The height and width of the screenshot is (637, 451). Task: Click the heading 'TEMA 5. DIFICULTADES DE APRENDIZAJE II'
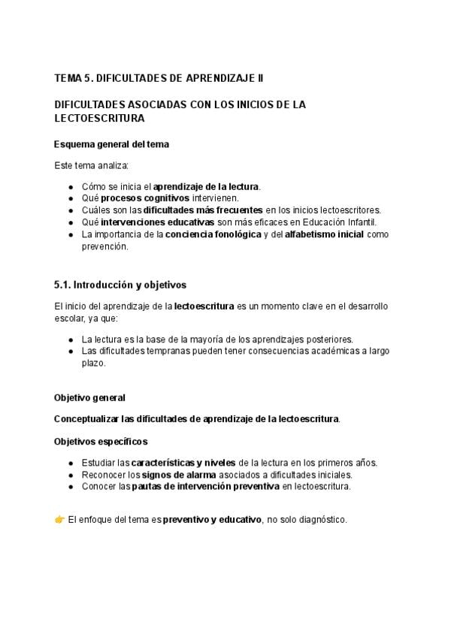(159, 78)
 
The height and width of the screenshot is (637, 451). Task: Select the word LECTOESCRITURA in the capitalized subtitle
(99, 119)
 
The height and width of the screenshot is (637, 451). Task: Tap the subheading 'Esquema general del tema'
(111, 144)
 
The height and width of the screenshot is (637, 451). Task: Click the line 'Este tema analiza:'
(91, 165)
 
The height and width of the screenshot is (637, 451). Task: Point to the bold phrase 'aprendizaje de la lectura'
(207, 186)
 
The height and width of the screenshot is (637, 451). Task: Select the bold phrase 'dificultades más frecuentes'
(203, 210)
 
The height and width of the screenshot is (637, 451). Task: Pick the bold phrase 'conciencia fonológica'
(213, 234)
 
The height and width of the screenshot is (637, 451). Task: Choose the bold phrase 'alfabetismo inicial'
(324, 234)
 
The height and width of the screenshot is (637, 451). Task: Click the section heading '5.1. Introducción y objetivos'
(120, 285)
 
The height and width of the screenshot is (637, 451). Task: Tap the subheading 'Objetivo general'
(89, 397)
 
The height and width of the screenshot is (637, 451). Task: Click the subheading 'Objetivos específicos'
(101, 441)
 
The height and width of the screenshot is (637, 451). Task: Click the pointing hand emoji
(59, 520)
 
